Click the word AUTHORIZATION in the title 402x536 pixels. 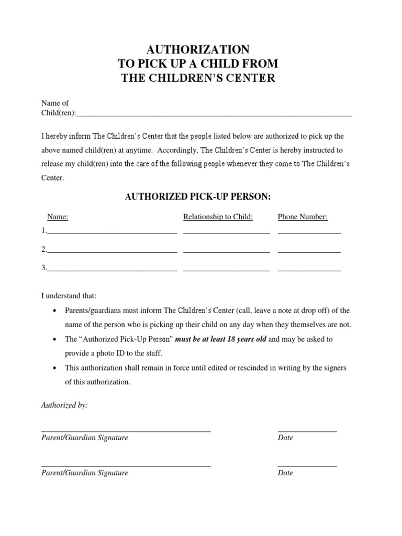(198, 50)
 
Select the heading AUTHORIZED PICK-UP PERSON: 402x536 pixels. (198, 197)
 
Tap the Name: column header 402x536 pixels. (58, 217)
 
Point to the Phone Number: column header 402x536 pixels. (303, 217)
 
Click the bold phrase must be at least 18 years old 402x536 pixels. (220, 339)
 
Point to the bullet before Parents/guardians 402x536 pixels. (55, 311)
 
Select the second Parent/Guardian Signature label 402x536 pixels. (85, 473)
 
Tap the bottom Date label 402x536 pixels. (285, 473)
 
